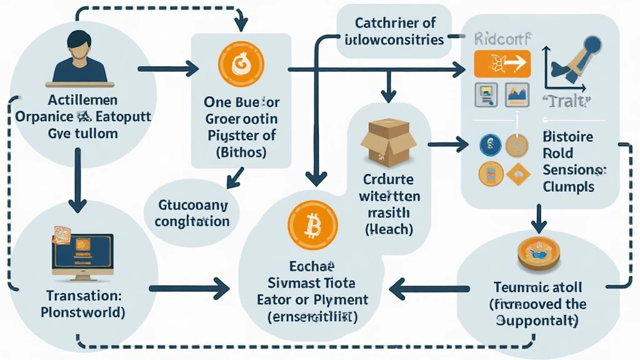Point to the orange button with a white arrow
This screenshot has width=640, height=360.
[502, 64]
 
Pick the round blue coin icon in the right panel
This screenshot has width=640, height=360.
[490, 144]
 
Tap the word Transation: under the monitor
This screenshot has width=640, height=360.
[83, 295]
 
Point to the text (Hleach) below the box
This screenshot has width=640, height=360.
[388, 229]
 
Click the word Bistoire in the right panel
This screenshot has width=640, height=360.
[568, 137]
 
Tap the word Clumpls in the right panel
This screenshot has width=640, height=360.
[568, 186]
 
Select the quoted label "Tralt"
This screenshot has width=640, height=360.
[568, 101]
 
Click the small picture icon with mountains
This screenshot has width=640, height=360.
[516, 94]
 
